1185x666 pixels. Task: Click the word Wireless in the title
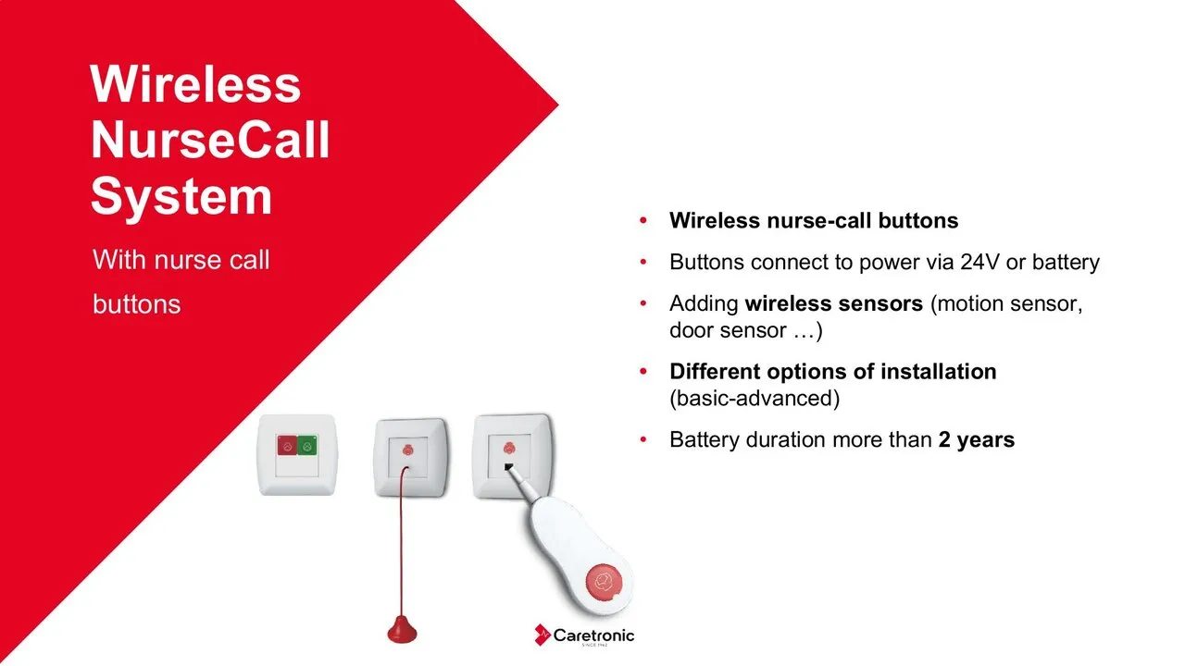click(195, 84)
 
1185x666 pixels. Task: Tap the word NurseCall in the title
click(210, 140)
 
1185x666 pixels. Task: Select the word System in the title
click(181, 198)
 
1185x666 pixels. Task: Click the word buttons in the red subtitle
click(136, 304)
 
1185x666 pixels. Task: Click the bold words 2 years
click(977, 439)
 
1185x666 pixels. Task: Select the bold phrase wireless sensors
click(834, 304)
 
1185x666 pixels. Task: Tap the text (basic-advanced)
click(755, 399)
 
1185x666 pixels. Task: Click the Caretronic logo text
click(593, 635)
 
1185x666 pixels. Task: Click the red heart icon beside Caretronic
click(543, 635)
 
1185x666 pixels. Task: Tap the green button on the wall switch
click(306, 446)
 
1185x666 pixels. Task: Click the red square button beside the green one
click(287, 446)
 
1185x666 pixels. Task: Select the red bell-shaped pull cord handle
click(402, 630)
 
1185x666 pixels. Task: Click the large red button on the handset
click(605, 583)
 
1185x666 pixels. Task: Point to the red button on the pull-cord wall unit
click(407, 450)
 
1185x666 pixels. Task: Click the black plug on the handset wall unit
click(508, 467)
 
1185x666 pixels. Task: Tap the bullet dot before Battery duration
click(643, 439)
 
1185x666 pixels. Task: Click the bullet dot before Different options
click(643, 372)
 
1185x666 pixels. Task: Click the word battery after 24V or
click(1066, 263)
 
